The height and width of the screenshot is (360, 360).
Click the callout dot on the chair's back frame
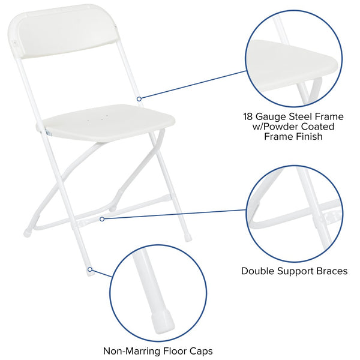coord(139,98)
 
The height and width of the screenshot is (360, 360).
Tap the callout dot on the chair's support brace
coord(102,219)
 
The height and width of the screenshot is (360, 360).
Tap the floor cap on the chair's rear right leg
coord(188,238)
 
